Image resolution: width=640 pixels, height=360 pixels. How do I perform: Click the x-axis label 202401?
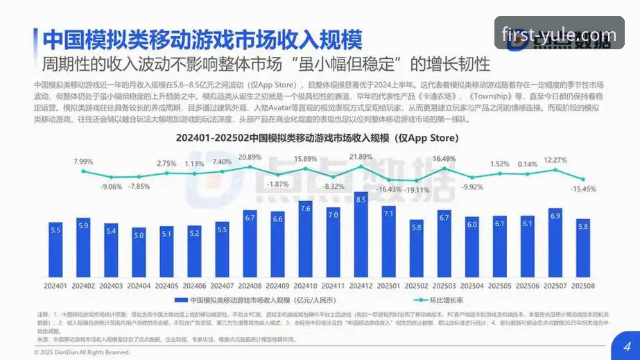pyautogui.click(x=55, y=286)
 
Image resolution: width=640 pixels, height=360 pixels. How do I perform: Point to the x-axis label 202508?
pyautogui.click(x=582, y=286)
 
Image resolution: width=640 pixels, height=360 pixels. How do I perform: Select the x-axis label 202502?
pyautogui.click(x=416, y=286)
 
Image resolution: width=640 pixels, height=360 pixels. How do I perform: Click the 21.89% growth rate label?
pyautogui.click(x=361, y=157)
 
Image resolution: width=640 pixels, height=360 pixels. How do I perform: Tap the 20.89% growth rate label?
pyautogui.click(x=250, y=157)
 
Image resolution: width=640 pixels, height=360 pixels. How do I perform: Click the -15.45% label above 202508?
pyautogui.click(x=583, y=189)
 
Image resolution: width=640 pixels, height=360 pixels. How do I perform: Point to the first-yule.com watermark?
pyautogui.click(x=559, y=35)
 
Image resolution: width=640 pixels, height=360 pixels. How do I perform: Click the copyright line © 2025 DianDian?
pyautogui.click(x=82, y=352)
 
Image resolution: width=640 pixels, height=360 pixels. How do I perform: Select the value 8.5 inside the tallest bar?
pyautogui.click(x=361, y=200)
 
